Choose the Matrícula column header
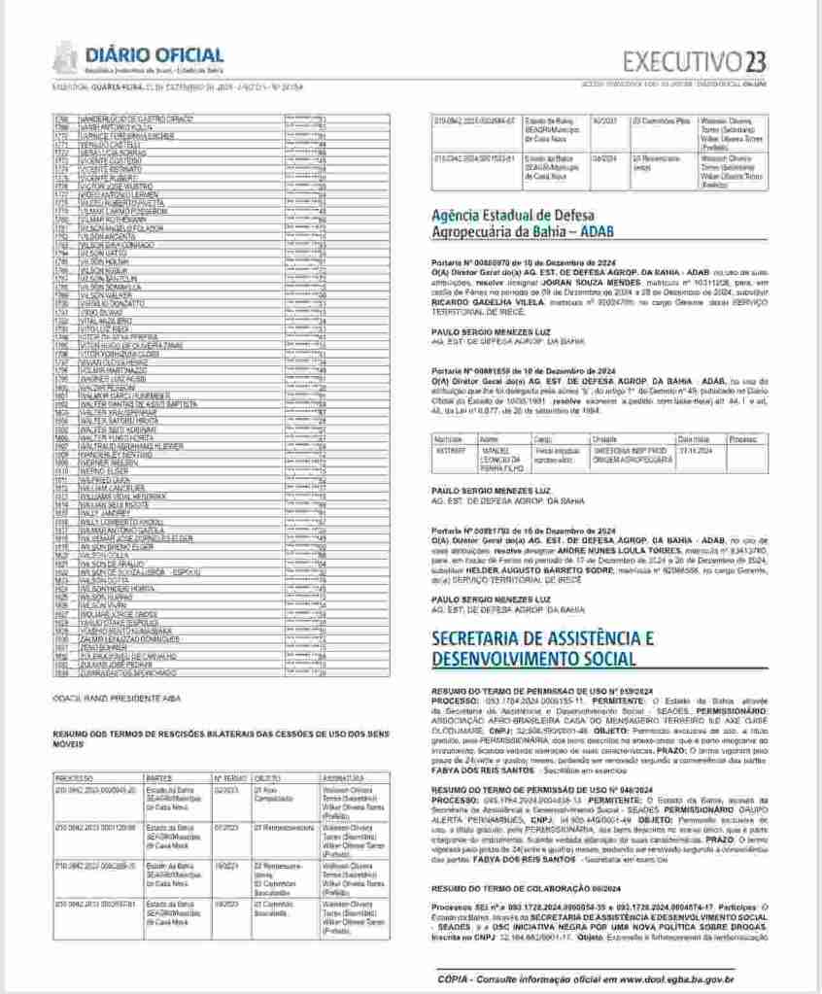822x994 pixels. [449, 439]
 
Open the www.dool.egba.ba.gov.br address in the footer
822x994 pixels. [686, 977]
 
